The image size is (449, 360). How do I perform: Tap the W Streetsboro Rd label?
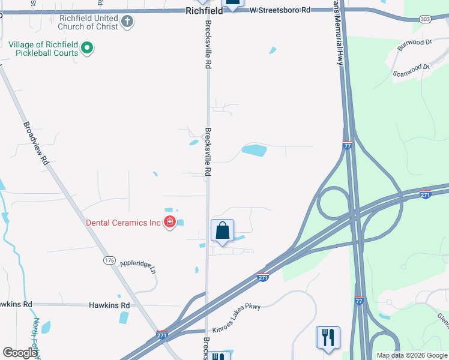(x=280, y=10)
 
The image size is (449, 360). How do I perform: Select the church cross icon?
(x=127, y=22)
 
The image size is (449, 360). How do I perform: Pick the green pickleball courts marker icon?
(x=87, y=48)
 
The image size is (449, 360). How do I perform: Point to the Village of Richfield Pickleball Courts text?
(x=43, y=49)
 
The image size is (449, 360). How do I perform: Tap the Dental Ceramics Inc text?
(x=124, y=223)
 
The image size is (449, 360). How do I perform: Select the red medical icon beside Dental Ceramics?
(x=170, y=223)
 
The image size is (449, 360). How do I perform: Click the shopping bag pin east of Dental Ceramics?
(x=222, y=230)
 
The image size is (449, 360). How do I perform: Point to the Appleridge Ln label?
(x=137, y=266)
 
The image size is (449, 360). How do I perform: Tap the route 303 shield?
(x=425, y=19)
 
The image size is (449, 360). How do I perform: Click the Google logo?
(x=19, y=353)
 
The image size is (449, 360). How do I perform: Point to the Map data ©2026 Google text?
(x=412, y=355)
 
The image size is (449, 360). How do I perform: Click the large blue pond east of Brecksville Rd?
(x=254, y=149)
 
